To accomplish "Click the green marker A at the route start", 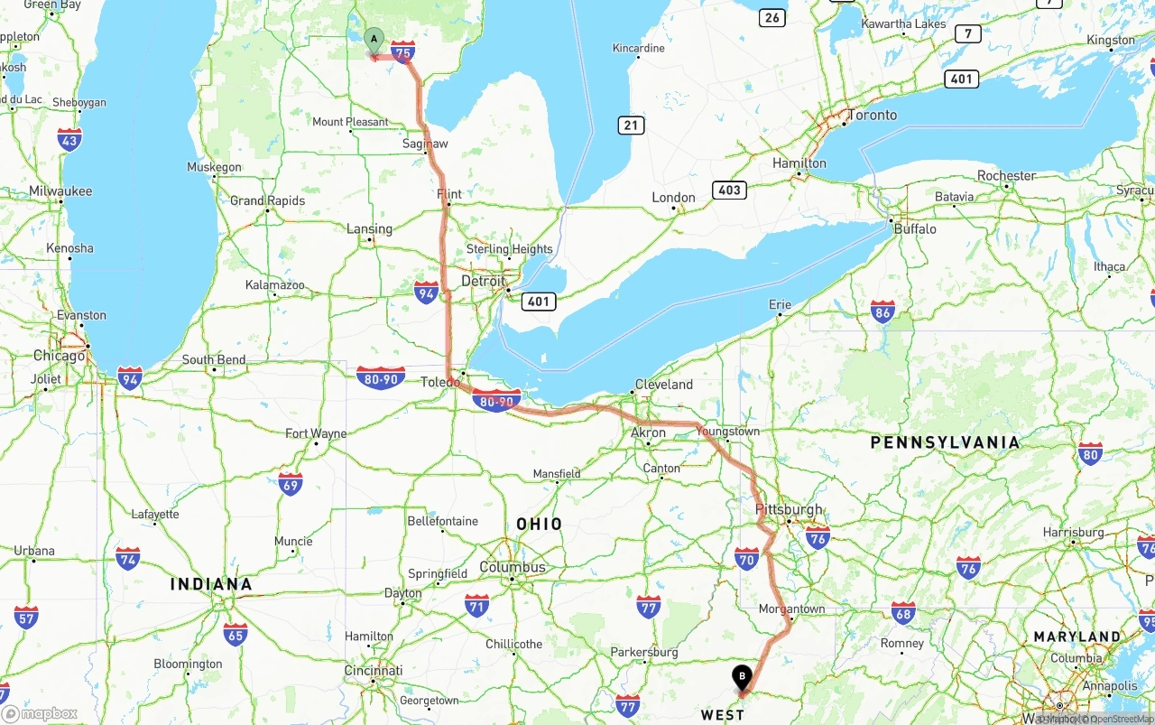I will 374,40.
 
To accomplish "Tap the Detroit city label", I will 484,281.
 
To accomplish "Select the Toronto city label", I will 872,115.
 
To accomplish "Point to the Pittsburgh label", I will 789,509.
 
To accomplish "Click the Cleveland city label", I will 664,384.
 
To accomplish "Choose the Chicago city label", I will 60,356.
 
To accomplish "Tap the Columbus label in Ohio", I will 513,567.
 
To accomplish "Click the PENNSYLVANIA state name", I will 945,442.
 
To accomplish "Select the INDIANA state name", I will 211,584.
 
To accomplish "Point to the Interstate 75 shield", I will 403,52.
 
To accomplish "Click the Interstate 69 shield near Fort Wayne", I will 291,484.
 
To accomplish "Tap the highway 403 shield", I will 728,190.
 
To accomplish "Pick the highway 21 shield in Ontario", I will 631,125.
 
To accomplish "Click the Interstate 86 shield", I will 883,312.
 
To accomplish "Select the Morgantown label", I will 791,609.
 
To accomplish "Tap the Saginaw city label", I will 425,144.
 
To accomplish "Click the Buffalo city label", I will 915,228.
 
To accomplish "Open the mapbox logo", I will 40,713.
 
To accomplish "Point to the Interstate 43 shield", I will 69,139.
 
